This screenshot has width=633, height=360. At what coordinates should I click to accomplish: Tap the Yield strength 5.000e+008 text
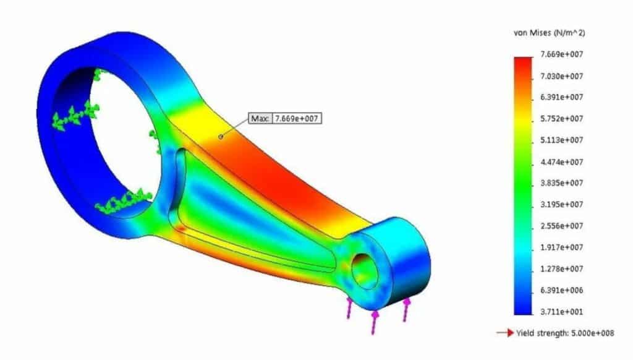[565, 333]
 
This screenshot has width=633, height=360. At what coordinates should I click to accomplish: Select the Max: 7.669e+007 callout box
[285, 118]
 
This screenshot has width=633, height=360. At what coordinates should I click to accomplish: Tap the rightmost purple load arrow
[407, 309]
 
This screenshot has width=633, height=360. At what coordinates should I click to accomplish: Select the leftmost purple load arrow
[350, 307]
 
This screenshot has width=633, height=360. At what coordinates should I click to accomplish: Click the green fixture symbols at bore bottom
[124, 200]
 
